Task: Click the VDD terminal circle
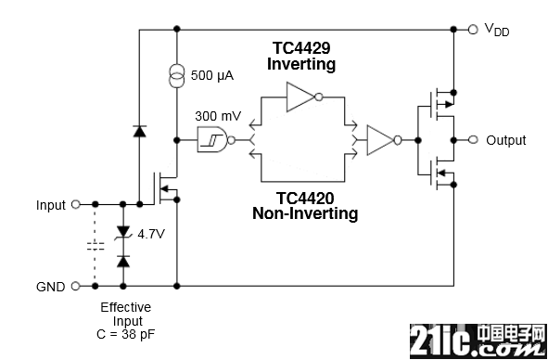tap(473, 30)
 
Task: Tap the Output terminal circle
tap(473, 140)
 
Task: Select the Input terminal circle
tap(75, 204)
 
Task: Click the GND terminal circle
tap(75, 286)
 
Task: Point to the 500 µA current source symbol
tap(177, 76)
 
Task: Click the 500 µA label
tap(212, 75)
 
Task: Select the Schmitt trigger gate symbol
tap(216, 140)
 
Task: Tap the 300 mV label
tap(218, 116)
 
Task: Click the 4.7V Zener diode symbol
tap(123, 233)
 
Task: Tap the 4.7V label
tap(150, 234)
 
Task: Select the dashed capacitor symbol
tap(96, 246)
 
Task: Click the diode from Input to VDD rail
tap(140, 131)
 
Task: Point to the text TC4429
tap(301, 48)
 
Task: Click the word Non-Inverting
tap(305, 213)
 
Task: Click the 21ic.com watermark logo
tap(478, 341)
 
